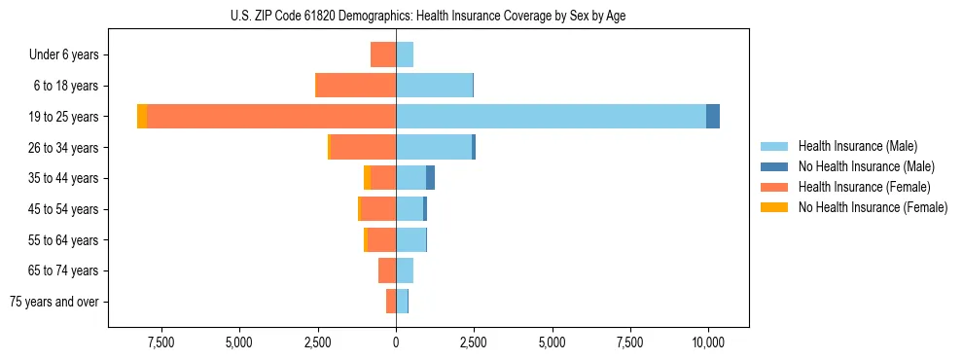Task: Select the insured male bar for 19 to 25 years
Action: [x=551, y=116]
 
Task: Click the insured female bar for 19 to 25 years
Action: [x=271, y=116]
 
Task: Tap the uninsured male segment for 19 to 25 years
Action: [x=713, y=116]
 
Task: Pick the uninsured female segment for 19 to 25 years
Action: [x=142, y=116]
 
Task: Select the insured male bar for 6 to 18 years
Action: [x=434, y=86]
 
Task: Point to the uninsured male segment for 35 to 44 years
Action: [x=430, y=178]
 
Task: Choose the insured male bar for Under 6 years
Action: [x=405, y=54]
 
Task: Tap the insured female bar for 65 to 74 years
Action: [x=387, y=270]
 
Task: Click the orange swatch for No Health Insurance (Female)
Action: [x=774, y=207]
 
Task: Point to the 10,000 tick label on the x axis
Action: [x=708, y=342]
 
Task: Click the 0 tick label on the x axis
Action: [x=396, y=342]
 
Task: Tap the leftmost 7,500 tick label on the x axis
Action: [x=160, y=342]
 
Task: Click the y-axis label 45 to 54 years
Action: [x=63, y=209]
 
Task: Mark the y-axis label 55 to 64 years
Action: [x=63, y=240]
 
